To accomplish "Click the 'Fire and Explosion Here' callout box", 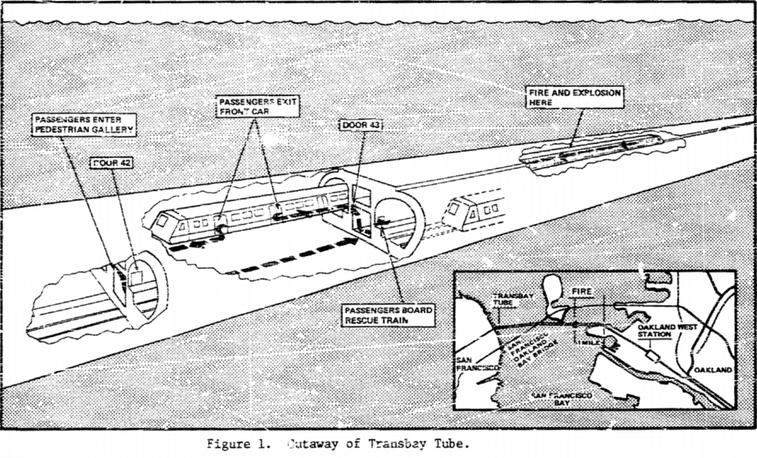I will point(574,97).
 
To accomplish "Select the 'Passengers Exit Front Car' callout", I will point(257,106).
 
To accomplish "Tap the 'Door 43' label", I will point(361,125).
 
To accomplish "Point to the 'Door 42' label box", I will point(112,163).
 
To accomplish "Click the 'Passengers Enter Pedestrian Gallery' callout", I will point(84,124).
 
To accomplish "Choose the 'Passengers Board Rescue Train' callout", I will point(388,315).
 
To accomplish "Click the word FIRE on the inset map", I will point(581,291).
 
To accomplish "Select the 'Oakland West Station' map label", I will point(667,330).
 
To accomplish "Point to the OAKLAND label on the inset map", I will point(713,370).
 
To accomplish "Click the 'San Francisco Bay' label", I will point(562,399).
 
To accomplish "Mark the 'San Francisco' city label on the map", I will point(476,364).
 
